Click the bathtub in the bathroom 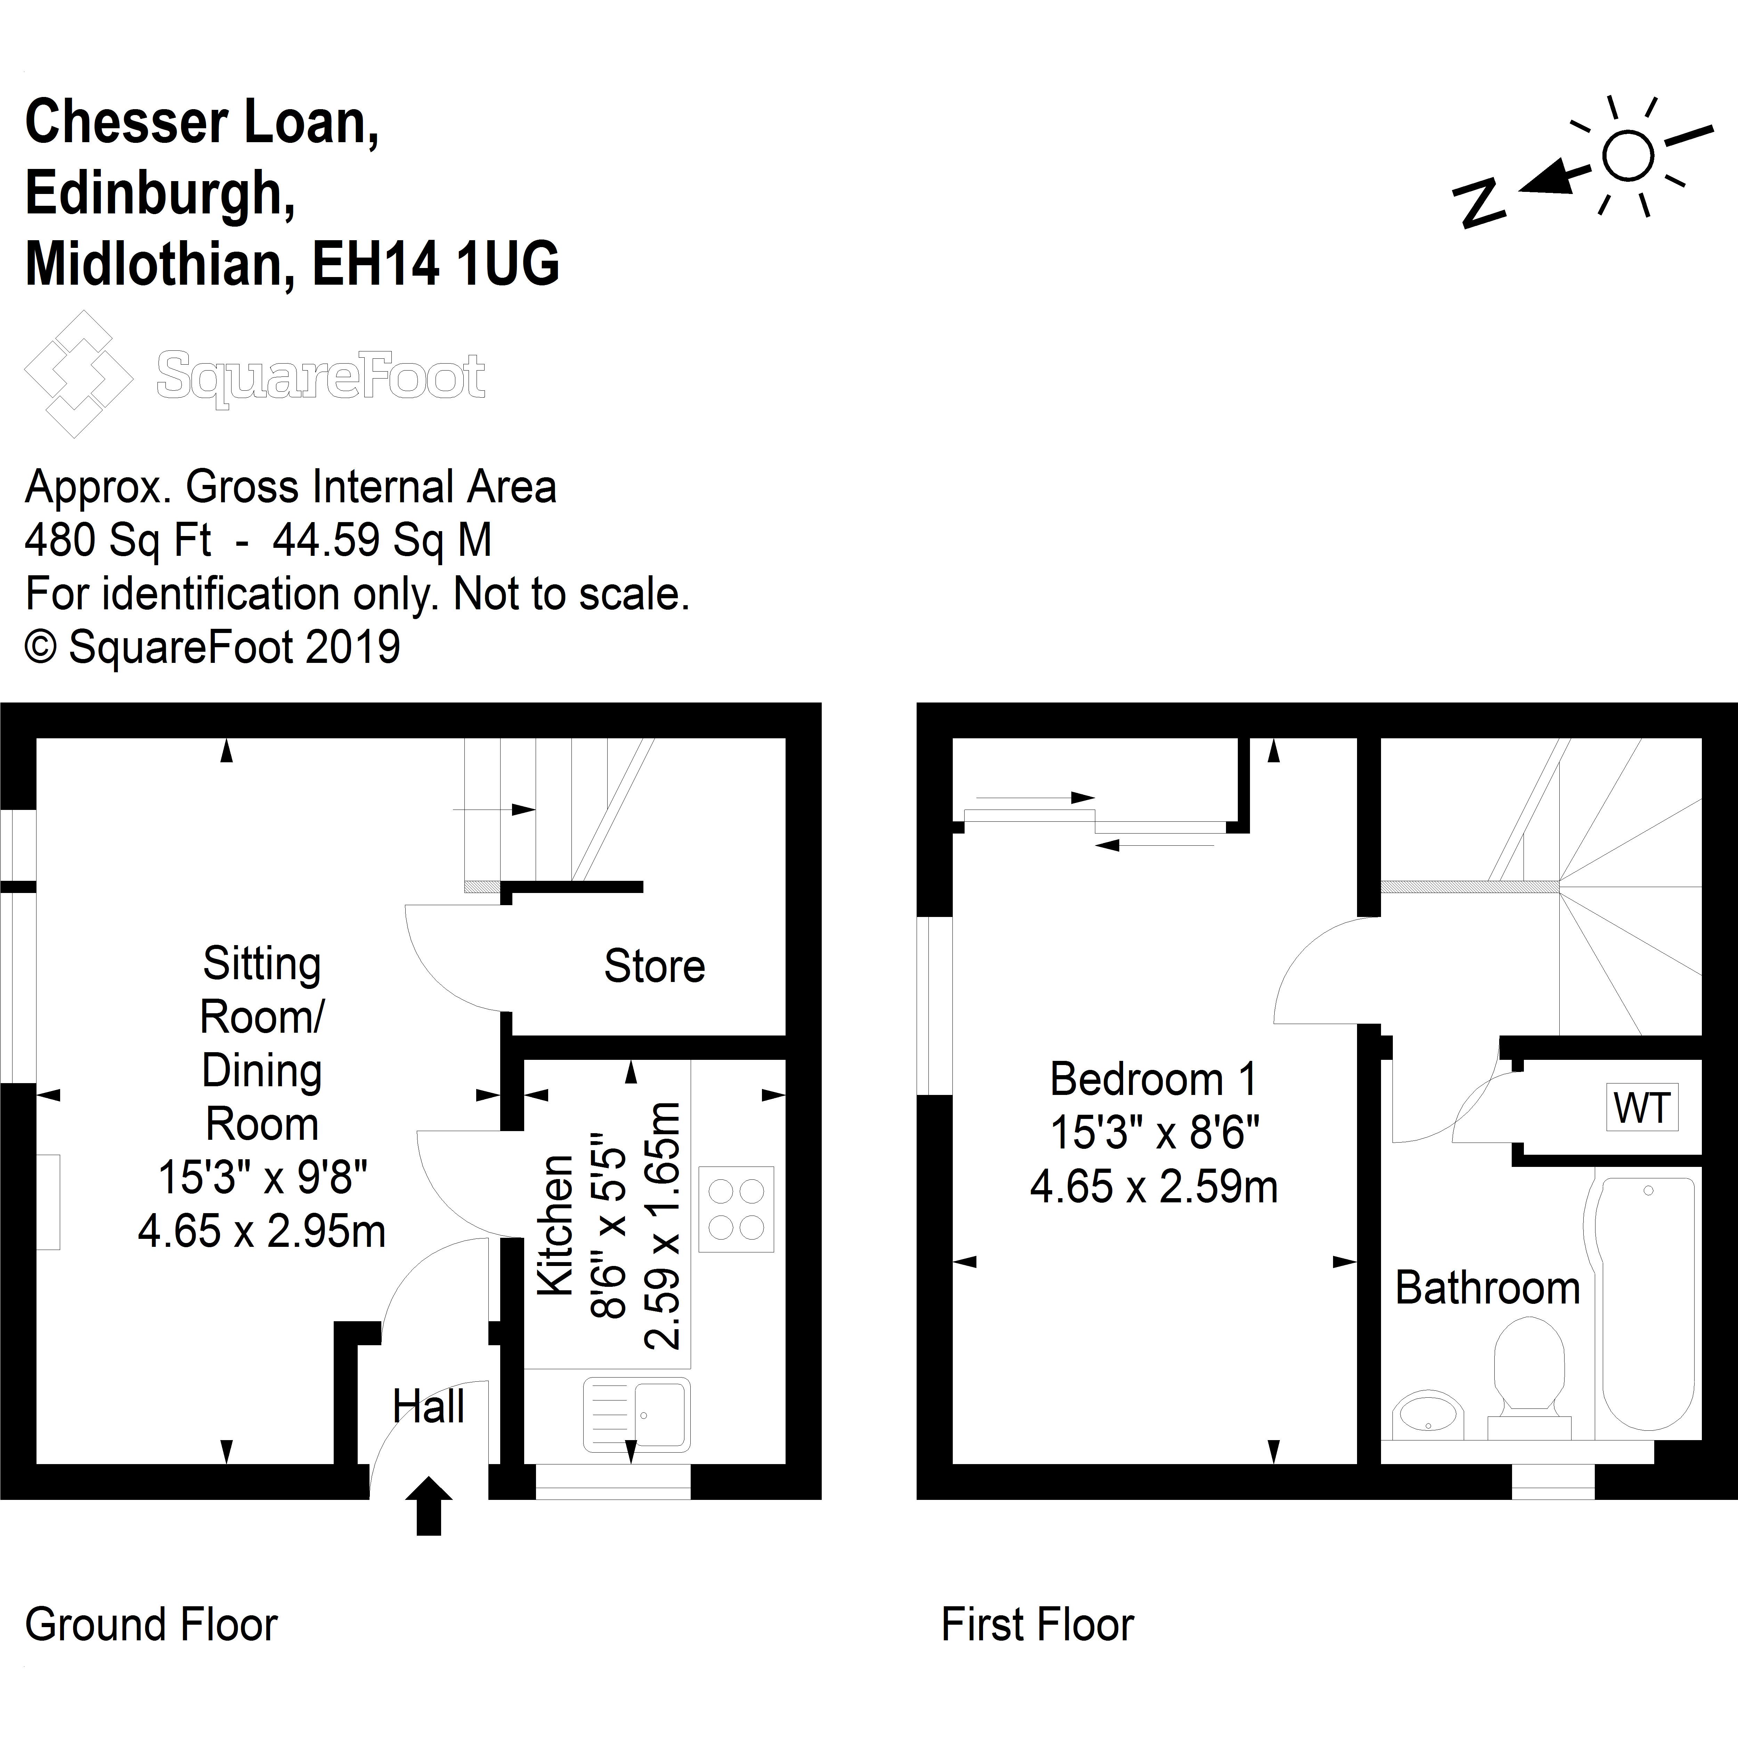(x=1648, y=1305)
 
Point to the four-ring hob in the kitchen (x=736, y=1209)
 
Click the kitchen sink (x=637, y=1414)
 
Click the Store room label (x=654, y=966)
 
